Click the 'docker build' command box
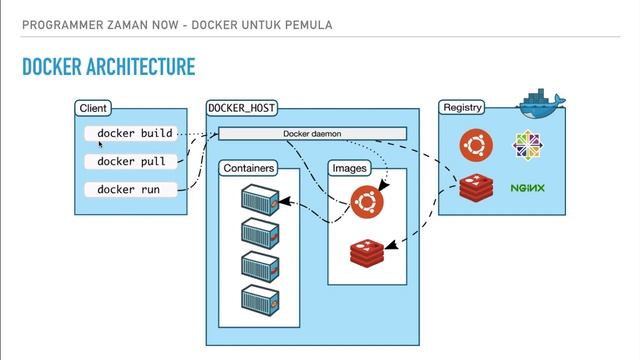132,133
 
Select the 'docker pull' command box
132,161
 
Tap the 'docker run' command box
132,189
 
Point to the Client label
93,108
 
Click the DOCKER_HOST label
241,108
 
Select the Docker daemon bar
313,134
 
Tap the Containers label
249,168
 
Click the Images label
349,168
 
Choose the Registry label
463,107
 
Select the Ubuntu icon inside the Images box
367,203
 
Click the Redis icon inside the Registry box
475,188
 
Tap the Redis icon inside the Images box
367,251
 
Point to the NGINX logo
527,188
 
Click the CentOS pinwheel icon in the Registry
527,146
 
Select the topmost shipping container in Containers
259,198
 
